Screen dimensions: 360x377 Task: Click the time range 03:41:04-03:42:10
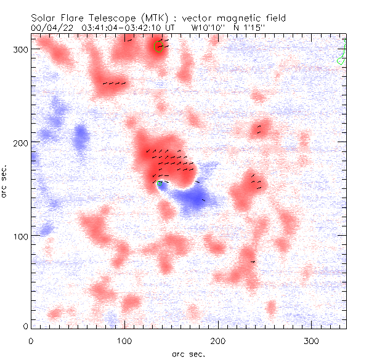[124, 27]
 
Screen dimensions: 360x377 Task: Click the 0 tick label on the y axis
[25, 326]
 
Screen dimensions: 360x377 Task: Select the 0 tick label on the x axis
[31, 340]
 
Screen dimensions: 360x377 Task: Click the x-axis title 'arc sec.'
[188, 353]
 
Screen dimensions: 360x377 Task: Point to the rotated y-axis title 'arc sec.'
[5, 180]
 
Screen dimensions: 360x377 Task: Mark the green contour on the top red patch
[158, 47]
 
